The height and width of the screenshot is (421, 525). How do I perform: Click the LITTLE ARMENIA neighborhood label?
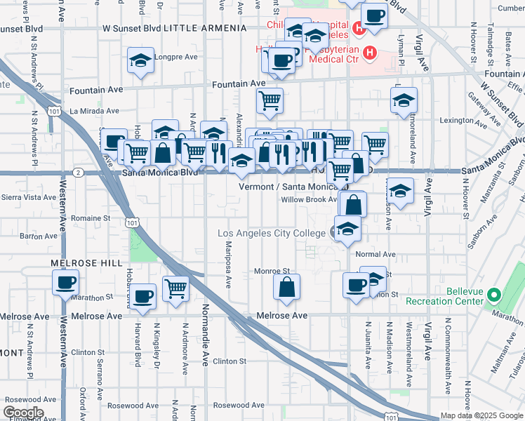pos(205,29)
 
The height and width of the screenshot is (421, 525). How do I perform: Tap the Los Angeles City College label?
pos(272,233)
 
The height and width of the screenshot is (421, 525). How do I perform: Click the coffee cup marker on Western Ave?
pos(65,283)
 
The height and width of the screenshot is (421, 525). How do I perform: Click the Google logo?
pos(23,413)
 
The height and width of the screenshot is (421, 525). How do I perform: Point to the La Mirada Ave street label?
pos(94,111)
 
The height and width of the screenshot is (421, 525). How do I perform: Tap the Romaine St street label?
pos(91,218)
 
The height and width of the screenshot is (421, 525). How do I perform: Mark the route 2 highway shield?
pos(79,173)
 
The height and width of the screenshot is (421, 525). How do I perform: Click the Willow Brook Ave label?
pos(310,200)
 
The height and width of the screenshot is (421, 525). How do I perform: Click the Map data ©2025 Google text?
pos(481,415)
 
